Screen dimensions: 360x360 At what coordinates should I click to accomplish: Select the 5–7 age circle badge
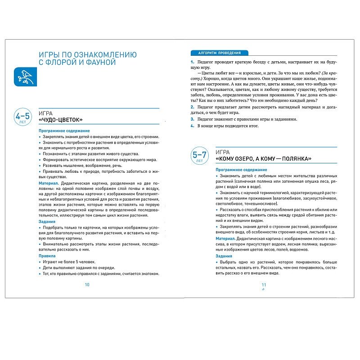click(x=199, y=156)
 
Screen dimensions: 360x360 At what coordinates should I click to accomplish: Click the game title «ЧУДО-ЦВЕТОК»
click(x=61, y=120)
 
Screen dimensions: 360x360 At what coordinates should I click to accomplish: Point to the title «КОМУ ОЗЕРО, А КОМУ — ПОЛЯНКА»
click(x=263, y=159)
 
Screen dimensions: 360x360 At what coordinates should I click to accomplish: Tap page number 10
click(x=87, y=284)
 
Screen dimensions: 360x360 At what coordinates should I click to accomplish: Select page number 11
click(x=264, y=284)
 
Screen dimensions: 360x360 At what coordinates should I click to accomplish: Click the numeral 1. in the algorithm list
click(x=192, y=61)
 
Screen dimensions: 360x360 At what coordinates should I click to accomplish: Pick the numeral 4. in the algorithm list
click(x=192, y=126)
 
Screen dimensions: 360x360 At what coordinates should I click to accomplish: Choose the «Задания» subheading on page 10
click(x=47, y=221)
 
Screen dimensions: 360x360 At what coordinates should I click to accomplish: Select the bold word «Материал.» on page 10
click(x=49, y=184)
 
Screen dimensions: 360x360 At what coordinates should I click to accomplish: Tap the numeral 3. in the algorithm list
click(x=192, y=119)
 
